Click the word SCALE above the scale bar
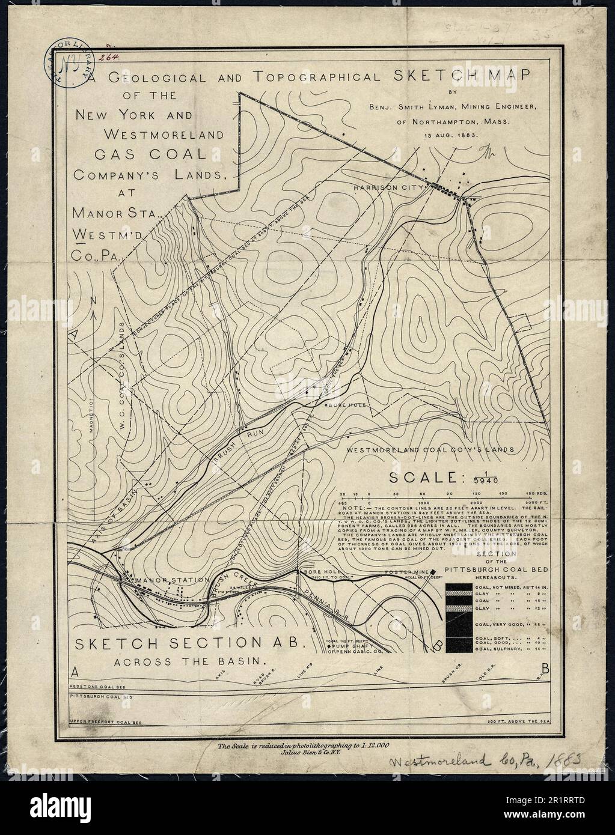pos(423,478)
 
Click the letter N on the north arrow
pos(93,300)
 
